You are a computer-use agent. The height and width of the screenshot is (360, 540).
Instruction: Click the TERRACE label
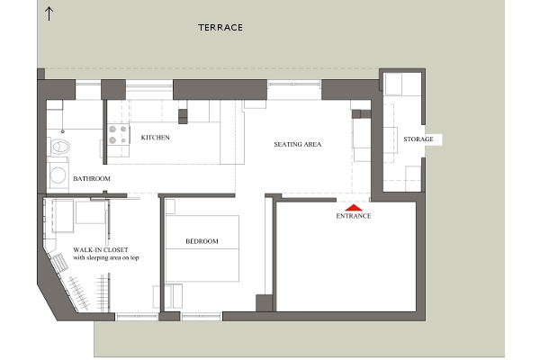pyautogui.click(x=220, y=28)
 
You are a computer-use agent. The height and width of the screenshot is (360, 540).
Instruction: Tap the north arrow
pyautogui.click(x=49, y=13)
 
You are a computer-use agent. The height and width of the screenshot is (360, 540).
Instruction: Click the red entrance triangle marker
pyautogui.click(x=354, y=208)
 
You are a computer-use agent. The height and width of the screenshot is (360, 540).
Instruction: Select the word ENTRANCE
pyautogui.click(x=354, y=216)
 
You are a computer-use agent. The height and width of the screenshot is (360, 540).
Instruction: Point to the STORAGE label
pyautogui.click(x=418, y=139)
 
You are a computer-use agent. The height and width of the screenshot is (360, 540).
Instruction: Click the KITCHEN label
pyautogui.click(x=156, y=138)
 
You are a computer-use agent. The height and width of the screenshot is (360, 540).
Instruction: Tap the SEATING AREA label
pyautogui.click(x=298, y=144)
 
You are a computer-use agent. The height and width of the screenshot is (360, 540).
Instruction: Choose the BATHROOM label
pyautogui.click(x=92, y=179)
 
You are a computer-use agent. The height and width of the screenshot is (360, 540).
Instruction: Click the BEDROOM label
pyautogui.click(x=202, y=241)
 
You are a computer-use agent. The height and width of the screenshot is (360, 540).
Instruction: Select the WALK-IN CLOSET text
pyautogui.click(x=101, y=250)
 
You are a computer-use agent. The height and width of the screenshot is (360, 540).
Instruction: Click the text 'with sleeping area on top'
pyautogui.click(x=106, y=257)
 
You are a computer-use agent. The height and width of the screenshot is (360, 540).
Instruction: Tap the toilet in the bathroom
pyautogui.click(x=59, y=147)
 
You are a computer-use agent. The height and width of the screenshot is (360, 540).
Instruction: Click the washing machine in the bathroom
pyautogui.click(x=58, y=175)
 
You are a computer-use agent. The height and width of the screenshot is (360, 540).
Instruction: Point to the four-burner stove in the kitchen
pyautogui.click(x=118, y=134)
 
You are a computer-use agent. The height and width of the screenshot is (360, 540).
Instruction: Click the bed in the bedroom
pyautogui.click(x=202, y=248)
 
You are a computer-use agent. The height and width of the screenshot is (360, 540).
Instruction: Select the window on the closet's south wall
pyautogui.click(x=137, y=317)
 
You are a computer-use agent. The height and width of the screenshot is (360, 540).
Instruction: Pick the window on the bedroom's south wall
pyautogui.click(x=202, y=317)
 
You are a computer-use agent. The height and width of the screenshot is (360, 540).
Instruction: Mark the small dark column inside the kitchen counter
pyautogui.click(x=183, y=116)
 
